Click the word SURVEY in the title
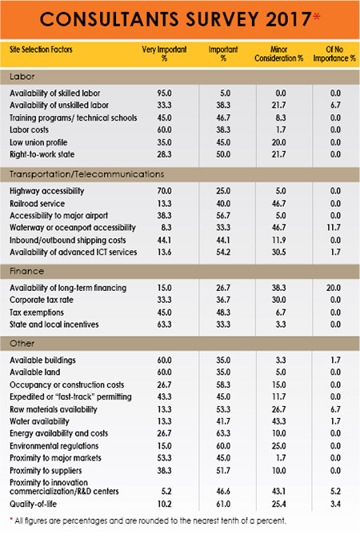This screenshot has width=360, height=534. [214, 18]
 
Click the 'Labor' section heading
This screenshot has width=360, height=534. [22, 76]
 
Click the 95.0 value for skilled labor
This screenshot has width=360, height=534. [164, 94]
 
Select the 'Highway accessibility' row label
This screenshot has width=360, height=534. [46, 192]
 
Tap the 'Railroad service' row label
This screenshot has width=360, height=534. [38, 203]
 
